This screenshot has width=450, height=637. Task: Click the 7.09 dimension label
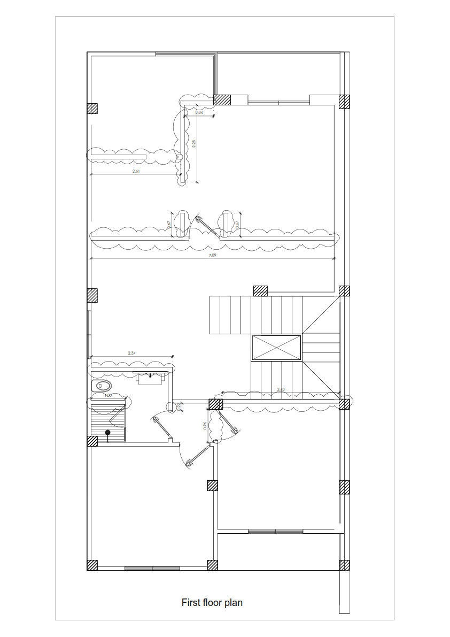point(213,256)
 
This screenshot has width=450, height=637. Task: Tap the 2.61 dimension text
point(135,172)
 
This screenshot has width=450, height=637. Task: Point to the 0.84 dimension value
point(199,113)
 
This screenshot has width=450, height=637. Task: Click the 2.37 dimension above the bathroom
point(132,353)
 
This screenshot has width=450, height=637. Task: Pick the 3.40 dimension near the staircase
point(281,389)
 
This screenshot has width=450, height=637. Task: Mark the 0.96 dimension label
point(205,426)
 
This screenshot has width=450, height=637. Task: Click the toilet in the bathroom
point(103,385)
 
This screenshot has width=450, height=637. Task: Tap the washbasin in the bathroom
point(150,378)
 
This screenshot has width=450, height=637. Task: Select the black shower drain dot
point(107,432)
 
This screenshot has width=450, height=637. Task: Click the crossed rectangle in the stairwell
point(276,348)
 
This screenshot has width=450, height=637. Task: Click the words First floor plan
point(212,603)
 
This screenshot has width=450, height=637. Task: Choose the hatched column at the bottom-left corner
point(92,565)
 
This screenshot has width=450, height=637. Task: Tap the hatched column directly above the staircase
point(260,290)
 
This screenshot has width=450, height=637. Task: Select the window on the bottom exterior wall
point(152,567)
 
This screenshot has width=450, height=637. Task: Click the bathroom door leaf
point(161,428)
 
